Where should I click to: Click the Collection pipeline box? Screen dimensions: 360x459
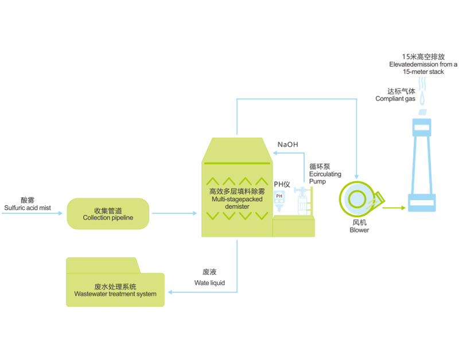(108, 214)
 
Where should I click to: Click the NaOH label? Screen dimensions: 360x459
(287, 144)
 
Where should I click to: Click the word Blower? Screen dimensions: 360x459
(359, 230)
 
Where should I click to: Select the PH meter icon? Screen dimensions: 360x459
(279, 198)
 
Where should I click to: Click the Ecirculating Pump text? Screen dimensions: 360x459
(325, 174)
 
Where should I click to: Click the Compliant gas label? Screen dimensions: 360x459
(395, 95)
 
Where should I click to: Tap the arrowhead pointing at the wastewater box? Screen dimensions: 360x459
(169, 292)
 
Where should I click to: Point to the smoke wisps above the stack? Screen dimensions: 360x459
(423, 89)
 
